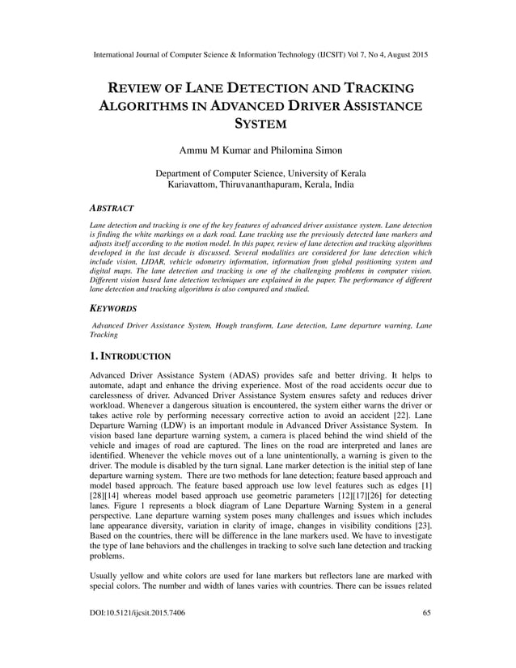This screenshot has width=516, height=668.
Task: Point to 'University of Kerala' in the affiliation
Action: coord(323,174)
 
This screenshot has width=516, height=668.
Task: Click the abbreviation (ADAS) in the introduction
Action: coord(254,376)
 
